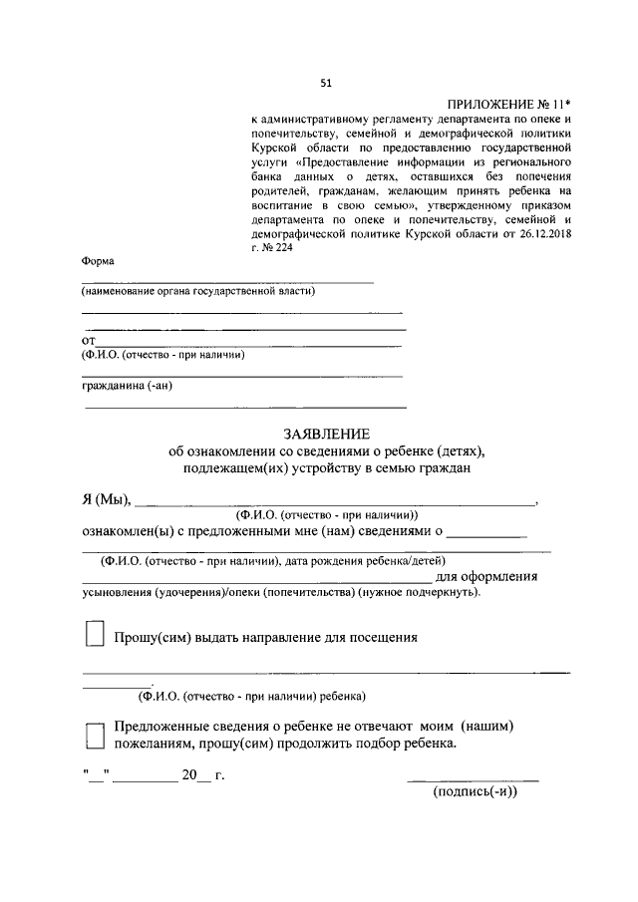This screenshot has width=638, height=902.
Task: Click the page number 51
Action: pos(325,83)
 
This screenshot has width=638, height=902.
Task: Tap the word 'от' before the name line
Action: pos(88,341)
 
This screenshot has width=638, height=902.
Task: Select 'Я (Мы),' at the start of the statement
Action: pos(106,499)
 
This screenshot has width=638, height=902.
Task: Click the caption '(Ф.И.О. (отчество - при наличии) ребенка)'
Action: pos(252,695)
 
